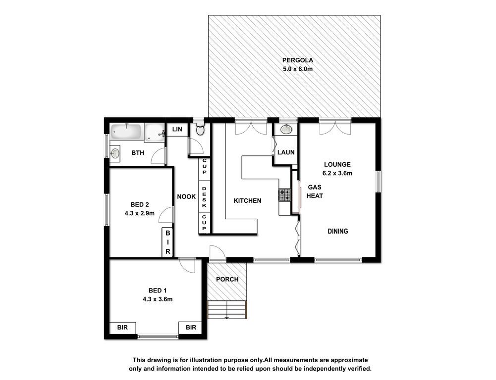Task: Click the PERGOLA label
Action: [297, 60]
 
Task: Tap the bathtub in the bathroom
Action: [126, 132]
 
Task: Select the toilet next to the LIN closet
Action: [200, 129]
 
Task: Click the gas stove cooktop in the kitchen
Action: [285, 195]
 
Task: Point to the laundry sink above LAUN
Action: [286, 129]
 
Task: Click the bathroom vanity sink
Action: [115, 153]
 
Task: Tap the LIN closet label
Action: [177, 129]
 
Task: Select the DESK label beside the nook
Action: [204, 197]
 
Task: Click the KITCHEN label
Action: [247, 200]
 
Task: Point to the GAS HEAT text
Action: [315, 191]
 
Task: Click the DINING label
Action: [337, 231]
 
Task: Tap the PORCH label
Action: [227, 279]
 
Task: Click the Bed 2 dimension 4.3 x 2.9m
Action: [140, 213]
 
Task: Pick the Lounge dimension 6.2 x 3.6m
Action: [337, 173]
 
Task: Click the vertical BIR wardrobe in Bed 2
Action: [167, 242]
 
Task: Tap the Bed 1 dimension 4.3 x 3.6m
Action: [158, 299]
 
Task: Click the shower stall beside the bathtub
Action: [155, 133]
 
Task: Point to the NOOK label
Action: [186, 196]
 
